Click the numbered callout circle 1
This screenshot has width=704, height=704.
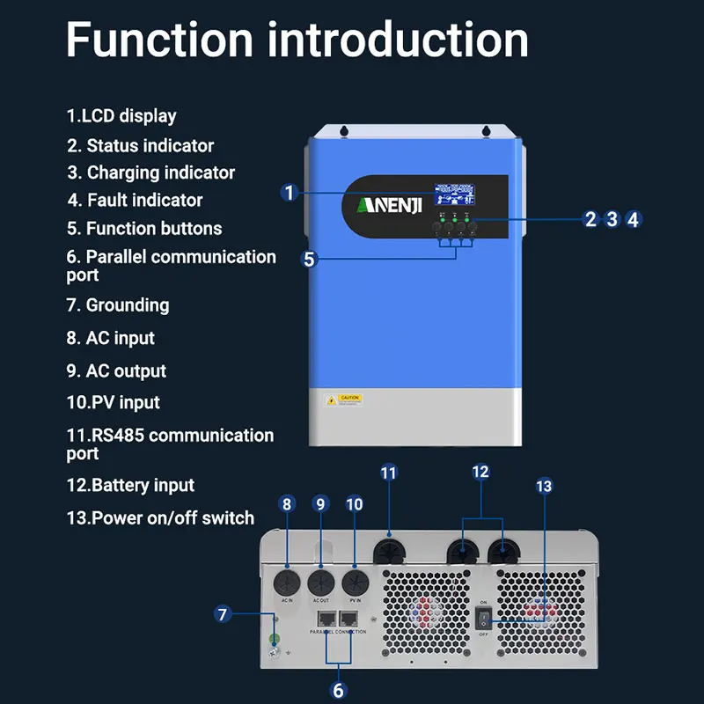289,193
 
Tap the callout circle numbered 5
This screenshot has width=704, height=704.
309,259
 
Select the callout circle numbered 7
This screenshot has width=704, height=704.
224,614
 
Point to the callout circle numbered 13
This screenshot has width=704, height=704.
544,486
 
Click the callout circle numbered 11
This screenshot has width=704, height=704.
389,473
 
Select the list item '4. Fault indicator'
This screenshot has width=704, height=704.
136,201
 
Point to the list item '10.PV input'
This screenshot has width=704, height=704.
114,402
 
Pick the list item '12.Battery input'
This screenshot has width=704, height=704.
130,485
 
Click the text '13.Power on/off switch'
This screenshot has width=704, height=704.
160,517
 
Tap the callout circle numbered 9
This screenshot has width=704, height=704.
320,503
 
